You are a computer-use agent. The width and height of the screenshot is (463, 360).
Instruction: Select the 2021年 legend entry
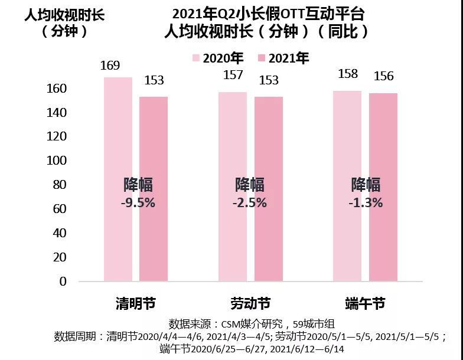283,58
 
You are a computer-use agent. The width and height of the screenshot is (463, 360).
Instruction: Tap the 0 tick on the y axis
63,282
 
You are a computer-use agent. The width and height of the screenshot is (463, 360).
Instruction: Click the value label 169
110,65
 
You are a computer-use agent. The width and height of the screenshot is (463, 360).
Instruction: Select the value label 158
347,74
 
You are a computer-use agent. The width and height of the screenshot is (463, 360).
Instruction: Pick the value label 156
383,76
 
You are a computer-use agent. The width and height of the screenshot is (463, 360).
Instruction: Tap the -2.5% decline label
251,202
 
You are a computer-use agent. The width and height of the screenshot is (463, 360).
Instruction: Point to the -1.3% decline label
366,202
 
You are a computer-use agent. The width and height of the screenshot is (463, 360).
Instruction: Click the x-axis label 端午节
365,304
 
